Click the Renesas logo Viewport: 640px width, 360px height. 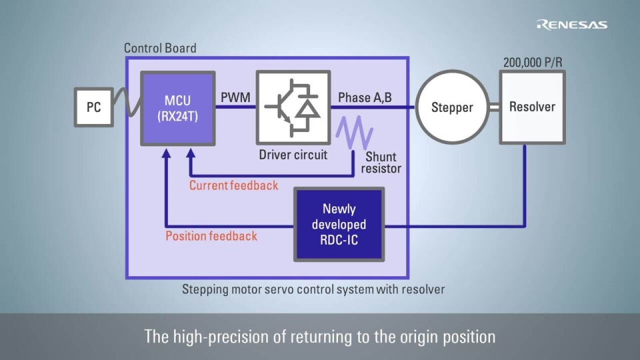[572, 25]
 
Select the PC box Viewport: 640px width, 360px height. [93, 107]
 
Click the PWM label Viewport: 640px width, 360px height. [235, 98]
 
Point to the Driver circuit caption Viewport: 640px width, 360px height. [293, 155]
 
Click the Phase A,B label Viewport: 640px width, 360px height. [365, 98]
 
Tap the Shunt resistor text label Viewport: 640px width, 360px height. [381, 163]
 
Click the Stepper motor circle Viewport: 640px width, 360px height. [452, 107]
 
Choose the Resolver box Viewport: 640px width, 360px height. [532, 107]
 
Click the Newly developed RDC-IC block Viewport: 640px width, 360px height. [339, 224]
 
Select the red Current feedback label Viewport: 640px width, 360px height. [233, 185]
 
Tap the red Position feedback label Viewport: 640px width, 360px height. [211, 235]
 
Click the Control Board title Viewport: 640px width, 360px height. [160, 48]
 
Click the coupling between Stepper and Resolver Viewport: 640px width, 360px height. [494, 107]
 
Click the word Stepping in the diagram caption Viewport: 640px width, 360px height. [205, 289]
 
